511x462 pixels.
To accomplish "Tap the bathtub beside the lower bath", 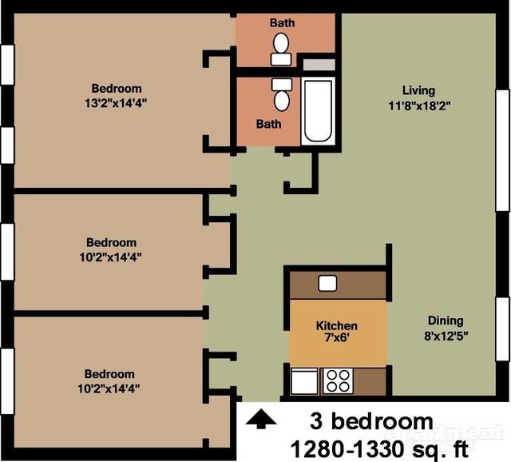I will coord(318,112).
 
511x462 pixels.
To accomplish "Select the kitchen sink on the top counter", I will coord(327,283).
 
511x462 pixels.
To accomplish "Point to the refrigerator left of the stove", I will coord(304,381).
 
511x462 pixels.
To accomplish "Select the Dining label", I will coord(444,321).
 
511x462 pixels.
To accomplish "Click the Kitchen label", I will coord(337,326).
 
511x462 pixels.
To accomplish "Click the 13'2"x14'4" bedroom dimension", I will coord(117,102).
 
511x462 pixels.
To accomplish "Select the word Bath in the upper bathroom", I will coord(281,22).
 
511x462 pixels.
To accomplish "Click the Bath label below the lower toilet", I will coord(269,124).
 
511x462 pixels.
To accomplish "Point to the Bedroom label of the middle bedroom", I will coord(111,242).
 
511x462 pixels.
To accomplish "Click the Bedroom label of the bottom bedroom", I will coord(110,373).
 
